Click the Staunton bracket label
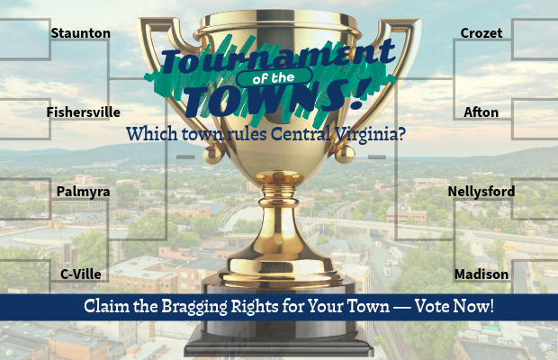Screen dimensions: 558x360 click(80, 33)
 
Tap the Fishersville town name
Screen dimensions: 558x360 click(84, 112)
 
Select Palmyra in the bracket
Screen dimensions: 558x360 click(84, 192)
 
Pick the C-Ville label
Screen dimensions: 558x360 click(81, 274)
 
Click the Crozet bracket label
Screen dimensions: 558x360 click(481, 33)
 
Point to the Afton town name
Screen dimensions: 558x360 click(481, 112)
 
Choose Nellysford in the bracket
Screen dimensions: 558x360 click(481, 192)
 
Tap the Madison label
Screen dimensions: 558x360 click(481, 274)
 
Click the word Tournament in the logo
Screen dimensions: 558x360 click(279, 56)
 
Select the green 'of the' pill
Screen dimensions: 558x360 click(274, 77)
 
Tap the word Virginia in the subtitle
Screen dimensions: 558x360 click(370, 134)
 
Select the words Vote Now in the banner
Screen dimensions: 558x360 click(454, 306)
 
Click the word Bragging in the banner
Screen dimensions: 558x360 click(193, 307)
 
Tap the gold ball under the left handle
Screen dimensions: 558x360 click(212, 155)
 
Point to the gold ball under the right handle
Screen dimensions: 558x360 click(345, 155)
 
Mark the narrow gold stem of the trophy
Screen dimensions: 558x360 click(279, 220)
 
